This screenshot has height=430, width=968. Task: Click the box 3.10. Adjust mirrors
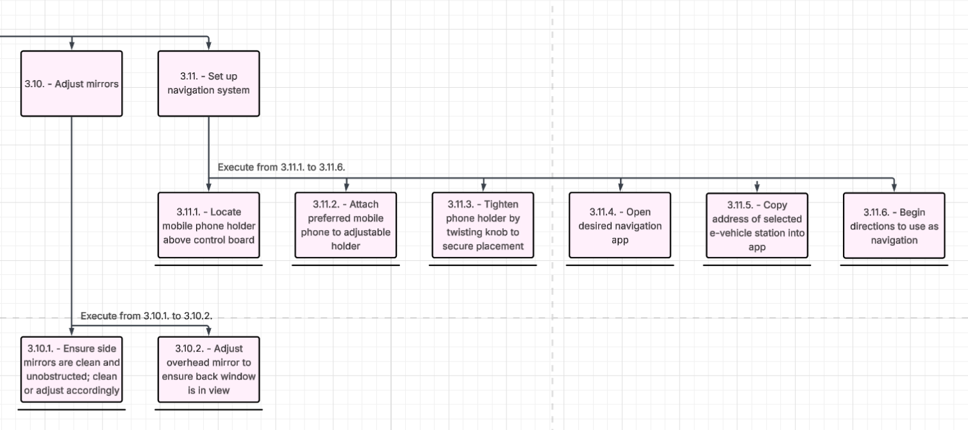(x=71, y=84)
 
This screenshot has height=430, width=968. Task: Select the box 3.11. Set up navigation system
(x=208, y=84)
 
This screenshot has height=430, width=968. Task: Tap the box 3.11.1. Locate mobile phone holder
(x=208, y=226)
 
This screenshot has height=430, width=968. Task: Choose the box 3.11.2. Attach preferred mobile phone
(x=346, y=226)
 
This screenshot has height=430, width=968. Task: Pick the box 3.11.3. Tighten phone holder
(x=483, y=226)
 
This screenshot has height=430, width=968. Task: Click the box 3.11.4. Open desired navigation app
(x=620, y=226)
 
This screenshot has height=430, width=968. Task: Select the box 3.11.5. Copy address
(x=756, y=226)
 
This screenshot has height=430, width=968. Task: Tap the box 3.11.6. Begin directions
(x=894, y=226)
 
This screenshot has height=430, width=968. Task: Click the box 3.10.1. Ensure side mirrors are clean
(x=71, y=369)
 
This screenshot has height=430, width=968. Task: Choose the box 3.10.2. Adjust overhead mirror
(x=208, y=369)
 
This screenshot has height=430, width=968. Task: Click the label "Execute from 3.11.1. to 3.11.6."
(x=282, y=167)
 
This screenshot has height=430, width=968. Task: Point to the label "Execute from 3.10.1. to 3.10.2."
(x=146, y=316)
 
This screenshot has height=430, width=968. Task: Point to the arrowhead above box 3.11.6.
(x=894, y=188)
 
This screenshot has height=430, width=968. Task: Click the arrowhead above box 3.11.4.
(x=620, y=188)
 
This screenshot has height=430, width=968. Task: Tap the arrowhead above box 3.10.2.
(x=208, y=331)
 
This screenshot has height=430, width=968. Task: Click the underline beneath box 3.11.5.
(x=756, y=265)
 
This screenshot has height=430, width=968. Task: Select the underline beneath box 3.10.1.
(x=71, y=409)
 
